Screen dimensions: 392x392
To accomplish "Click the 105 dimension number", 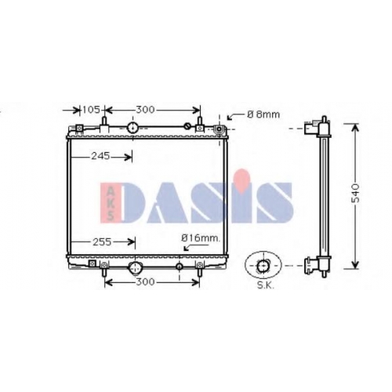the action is coord(91,110).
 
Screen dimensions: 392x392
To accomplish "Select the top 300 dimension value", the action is coord(145,110).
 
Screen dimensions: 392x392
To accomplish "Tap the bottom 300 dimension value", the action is coord(145,282).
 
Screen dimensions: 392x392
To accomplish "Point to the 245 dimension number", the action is coord(100,156).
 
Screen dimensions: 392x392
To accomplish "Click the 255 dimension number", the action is coord(102,242).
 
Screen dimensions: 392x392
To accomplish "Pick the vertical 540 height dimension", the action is coord(355,194).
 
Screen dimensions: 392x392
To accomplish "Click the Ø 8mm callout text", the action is coord(263,114).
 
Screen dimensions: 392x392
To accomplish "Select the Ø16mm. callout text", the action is coord(201,238).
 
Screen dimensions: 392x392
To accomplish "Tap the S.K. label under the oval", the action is coord(266,285).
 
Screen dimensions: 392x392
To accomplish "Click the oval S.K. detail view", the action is coord(263,265).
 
